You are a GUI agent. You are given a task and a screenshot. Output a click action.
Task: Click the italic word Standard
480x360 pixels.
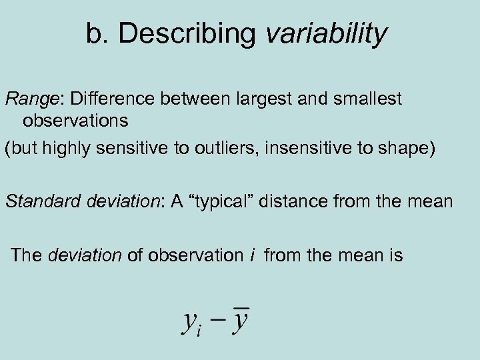[44, 201]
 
